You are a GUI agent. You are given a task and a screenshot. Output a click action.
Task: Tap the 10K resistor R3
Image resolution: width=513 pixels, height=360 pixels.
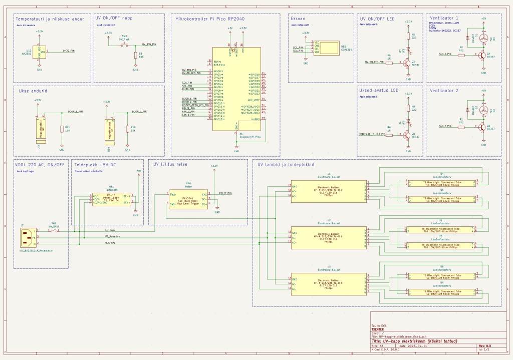(135, 54)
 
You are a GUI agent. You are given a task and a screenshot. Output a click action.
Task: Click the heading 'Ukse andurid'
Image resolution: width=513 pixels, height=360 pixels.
(33, 92)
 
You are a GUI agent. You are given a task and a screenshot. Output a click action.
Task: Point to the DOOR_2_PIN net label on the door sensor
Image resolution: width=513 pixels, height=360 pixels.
(139, 111)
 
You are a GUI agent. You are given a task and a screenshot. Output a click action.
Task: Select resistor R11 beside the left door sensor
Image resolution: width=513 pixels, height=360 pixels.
(62, 129)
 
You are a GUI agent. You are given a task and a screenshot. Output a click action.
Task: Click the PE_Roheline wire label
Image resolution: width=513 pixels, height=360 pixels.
(112, 236)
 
